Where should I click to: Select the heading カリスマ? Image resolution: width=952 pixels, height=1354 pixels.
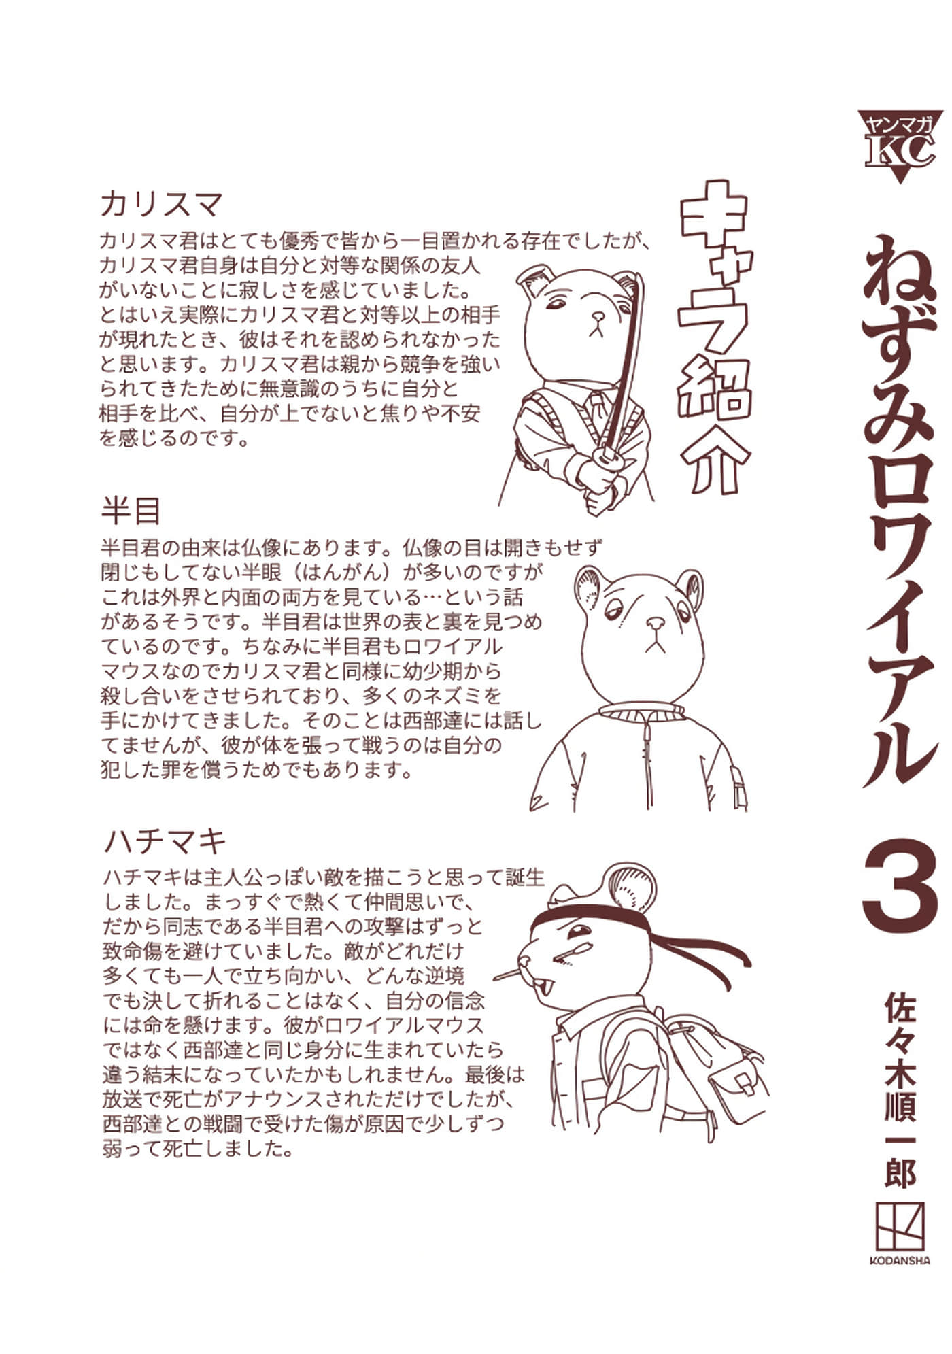[x=161, y=203]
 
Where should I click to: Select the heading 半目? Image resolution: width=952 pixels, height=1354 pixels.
[x=131, y=511]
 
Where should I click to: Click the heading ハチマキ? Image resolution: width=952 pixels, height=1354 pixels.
[x=165, y=842]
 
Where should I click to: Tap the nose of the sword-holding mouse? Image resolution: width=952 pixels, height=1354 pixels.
[x=598, y=317]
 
